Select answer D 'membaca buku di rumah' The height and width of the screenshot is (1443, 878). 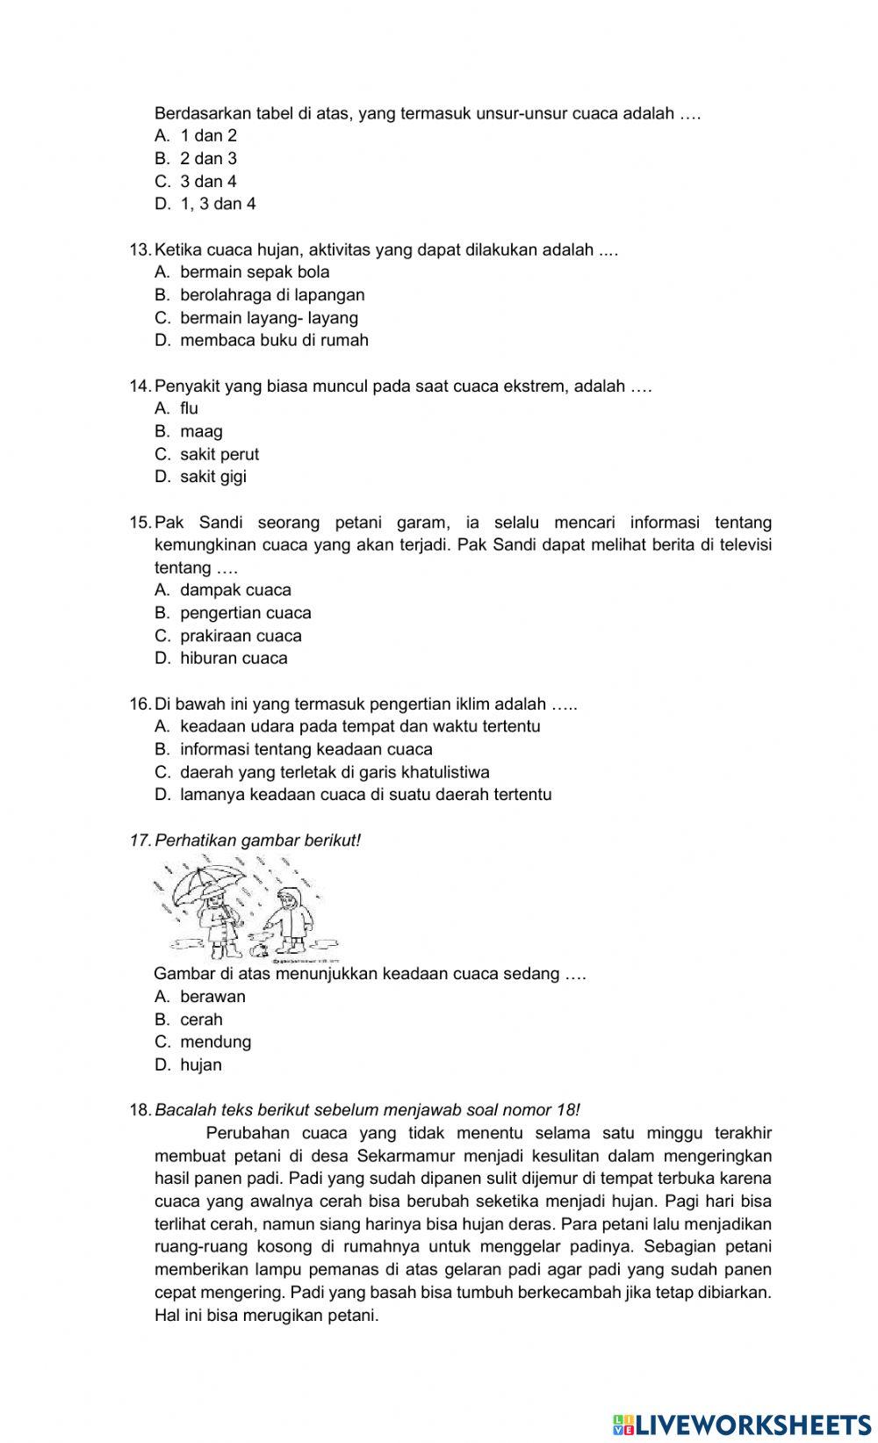tap(274, 341)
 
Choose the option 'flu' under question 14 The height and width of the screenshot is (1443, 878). tap(189, 408)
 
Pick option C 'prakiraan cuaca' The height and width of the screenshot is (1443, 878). tap(241, 636)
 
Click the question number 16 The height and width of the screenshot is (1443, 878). tap(140, 704)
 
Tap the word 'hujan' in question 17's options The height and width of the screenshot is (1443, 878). tap(201, 1065)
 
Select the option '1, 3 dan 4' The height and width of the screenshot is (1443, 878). tap(218, 204)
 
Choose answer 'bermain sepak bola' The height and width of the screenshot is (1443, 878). tap(255, 272)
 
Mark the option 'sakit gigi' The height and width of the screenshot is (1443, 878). tap(213, 477)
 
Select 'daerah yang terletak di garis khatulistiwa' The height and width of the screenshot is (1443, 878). tap(335, 773)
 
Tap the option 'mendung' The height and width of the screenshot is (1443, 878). tap(215, 1043)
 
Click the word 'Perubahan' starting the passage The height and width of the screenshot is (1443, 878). tap(247, 1133)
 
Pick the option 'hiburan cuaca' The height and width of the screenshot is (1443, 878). tap(234, 659)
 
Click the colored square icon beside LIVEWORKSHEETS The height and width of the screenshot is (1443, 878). tap(623, 1424)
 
